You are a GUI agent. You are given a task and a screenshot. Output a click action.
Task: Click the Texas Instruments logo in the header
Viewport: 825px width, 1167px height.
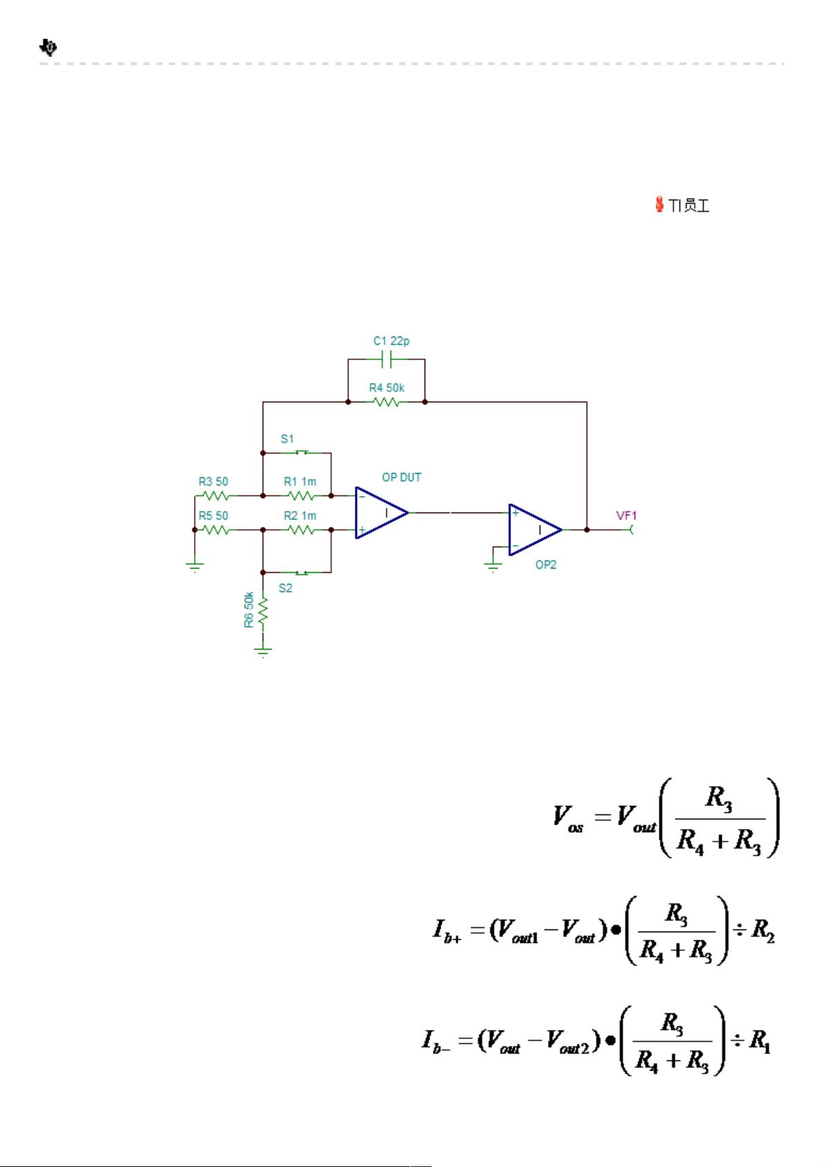[48, 47]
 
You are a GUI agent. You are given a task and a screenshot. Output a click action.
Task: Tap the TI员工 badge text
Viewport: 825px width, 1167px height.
[689, 206]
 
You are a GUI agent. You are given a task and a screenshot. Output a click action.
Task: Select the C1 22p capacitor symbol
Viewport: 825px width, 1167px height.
[387, 359]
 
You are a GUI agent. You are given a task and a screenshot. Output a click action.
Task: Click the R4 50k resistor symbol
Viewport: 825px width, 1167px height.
[387, 402]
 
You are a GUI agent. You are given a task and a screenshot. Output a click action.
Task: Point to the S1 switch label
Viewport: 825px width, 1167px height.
[287, 438]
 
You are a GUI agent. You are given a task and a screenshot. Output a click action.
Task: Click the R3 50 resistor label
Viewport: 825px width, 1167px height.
[213, 481]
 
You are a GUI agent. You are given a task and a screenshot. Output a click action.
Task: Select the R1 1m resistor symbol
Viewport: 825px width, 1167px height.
[301, 495]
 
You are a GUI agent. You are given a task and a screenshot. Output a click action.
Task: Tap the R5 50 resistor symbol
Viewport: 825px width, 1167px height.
[215, 530]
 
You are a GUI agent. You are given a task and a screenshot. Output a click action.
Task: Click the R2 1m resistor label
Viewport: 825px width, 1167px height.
[300, 516]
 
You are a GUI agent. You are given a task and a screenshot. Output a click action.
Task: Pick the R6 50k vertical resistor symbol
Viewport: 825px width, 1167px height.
[263, 611]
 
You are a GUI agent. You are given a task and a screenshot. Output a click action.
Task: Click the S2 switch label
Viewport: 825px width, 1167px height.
[285, 588]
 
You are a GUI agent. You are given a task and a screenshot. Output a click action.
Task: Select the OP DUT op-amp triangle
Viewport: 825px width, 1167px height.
[382, 513]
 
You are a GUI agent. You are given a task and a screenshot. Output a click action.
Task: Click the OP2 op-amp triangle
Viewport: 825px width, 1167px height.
[535, 529]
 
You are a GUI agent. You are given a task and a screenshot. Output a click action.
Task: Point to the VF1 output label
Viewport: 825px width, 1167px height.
[626, 516]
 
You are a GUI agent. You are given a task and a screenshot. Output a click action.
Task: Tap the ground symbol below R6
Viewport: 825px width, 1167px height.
[263, 652]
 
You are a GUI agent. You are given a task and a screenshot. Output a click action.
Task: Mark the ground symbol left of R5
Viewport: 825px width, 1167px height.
[195, 567]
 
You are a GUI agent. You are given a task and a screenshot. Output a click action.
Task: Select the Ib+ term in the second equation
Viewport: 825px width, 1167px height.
[447, 931]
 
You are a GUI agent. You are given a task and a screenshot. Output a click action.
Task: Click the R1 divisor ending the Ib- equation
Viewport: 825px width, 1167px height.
[760, 1042]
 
